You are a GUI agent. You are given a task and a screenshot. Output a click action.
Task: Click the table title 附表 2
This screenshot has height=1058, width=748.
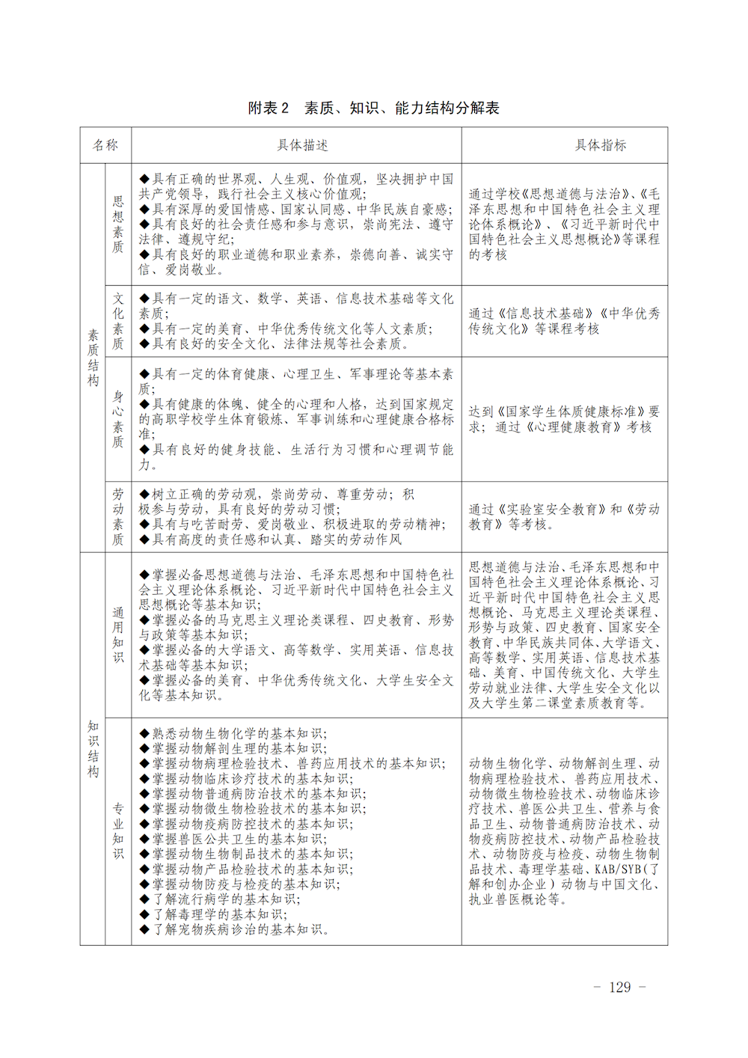269,108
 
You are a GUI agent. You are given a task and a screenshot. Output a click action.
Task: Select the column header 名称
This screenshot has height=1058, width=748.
105,145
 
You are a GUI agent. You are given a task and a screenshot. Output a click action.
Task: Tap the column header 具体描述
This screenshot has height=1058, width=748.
303,145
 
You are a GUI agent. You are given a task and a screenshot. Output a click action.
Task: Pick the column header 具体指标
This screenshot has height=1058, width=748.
601,145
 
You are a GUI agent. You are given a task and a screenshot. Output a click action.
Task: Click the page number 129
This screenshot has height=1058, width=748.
619,987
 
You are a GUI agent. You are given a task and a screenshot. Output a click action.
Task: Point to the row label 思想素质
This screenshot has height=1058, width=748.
118,224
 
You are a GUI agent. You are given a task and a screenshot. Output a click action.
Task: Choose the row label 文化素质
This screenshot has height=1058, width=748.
118,321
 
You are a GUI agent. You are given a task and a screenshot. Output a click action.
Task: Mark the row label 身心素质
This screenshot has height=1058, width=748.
118,419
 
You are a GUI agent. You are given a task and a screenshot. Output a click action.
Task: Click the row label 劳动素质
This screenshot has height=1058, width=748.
118,516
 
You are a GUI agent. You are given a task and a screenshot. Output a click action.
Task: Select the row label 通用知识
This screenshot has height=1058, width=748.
118,635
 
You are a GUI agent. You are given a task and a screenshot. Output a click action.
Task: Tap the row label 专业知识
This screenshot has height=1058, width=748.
118,831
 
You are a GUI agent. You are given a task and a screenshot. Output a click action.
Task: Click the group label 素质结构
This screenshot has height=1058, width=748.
93,358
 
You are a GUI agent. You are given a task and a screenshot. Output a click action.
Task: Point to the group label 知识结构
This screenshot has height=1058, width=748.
93,749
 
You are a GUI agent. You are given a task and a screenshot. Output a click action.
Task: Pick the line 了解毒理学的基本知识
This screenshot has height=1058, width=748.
220,914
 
